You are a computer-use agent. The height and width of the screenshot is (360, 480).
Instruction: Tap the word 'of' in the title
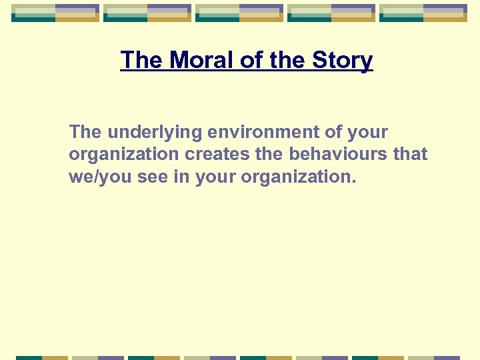click(251, 61)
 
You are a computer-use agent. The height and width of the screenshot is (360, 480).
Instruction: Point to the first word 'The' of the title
click(142, 61)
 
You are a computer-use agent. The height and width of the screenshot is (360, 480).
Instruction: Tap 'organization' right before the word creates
click(124, 155)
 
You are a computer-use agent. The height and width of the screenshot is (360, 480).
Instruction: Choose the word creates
click(217, 155)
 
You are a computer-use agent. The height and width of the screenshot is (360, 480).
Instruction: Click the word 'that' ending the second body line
click(411, 155)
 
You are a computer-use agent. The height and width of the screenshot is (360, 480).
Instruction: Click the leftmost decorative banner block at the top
click(55, 13)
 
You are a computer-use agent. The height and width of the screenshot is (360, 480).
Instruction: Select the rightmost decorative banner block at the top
click(423, 13)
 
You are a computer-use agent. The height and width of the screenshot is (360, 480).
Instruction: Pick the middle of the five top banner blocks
click(239, 13)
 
